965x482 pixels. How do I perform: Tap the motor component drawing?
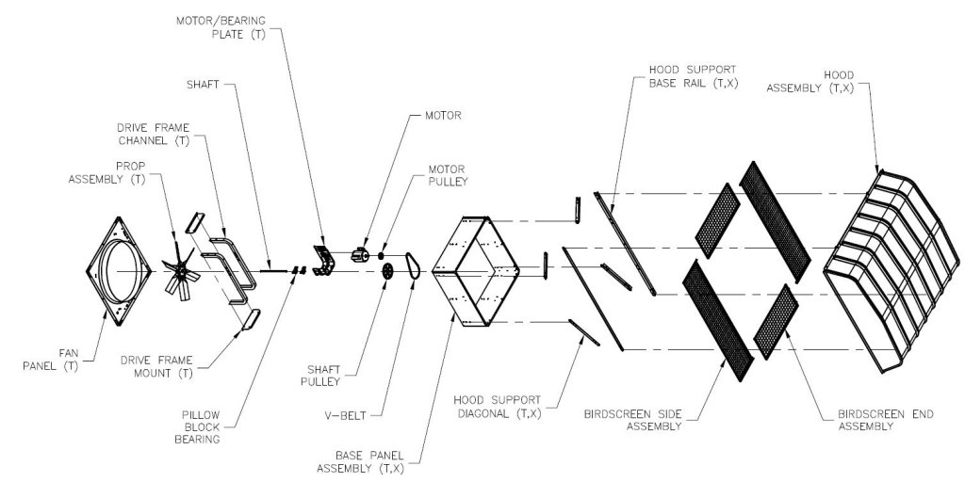[360, 254]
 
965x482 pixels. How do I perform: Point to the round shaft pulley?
[387, 271]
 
